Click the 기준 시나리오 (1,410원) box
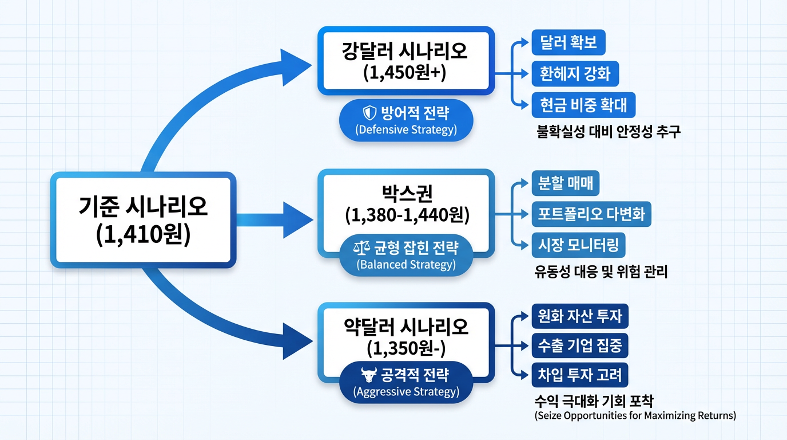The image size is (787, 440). tap(143, 221)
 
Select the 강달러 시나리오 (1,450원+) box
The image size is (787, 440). tap(406, 60)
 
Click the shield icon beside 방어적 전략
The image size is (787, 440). tap(371, 113)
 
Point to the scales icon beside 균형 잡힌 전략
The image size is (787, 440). tap(363, 248)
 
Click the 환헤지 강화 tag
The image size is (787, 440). tap(575, 74)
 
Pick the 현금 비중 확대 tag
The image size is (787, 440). tap(583, 105)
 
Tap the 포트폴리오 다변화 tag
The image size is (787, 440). tap(591, 214)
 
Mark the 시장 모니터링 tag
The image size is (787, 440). tap(578, 245)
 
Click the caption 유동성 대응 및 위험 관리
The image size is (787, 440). tap(600, 272)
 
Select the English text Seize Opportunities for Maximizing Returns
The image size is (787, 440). tap(635, 415)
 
